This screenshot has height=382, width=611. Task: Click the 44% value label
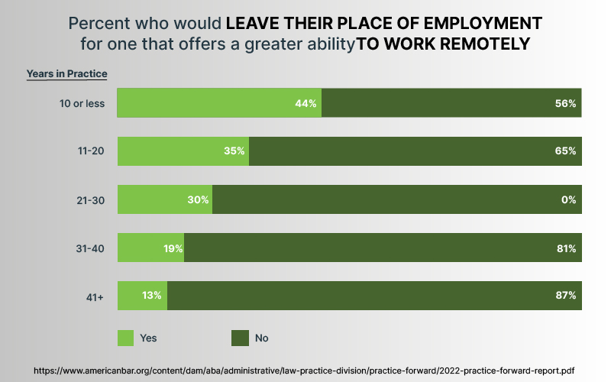(x=305, y=103)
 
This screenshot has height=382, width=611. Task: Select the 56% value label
(x=565, y=103)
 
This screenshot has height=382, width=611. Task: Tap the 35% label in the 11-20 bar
(x=234, y=151)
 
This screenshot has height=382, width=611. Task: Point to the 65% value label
(x=565, y=151)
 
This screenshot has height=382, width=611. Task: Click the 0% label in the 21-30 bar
(x=568, y=199)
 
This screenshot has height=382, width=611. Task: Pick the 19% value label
(x=173, y=248)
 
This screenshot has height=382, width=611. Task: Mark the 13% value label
(x=152, y=296)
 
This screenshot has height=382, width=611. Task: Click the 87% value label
(x=565, y=296)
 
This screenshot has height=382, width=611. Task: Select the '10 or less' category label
(x=82, y=103)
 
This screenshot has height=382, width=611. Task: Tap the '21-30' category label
(x=91, y=199)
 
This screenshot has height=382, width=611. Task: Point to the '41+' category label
(x=95, y=296)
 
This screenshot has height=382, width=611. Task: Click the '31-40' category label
(x=91, y=248)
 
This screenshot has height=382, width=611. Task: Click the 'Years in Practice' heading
(x=66, y=74)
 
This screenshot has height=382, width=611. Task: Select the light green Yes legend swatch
(x=125, y=337)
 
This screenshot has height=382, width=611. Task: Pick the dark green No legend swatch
(x=240, y=337)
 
